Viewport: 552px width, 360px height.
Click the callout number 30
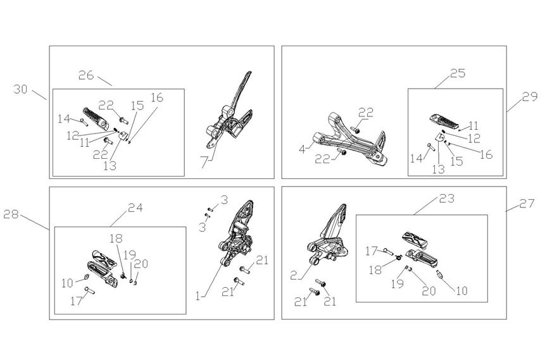tap(21, 89)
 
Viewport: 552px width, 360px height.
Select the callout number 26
tap(86, 75)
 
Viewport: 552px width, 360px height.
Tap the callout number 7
tap(204, 164)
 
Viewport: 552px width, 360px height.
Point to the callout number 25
tap(457, 73)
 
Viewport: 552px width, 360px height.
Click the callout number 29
tap(529, 96)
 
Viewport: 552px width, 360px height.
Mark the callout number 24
tap(135, 207)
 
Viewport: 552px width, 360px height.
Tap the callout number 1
tap(200, 295)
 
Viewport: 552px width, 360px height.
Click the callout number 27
tap(526, 204)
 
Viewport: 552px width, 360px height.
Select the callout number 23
tap(448, 198)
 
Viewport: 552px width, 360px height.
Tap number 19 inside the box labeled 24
tap(129, 255)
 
